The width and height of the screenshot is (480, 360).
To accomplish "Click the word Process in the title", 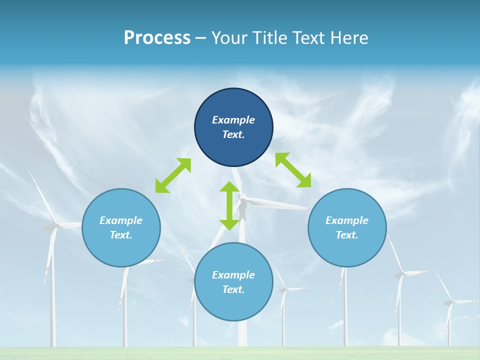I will (x=157, y=38).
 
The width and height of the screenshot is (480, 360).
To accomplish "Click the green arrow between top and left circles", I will (x=173, y=175).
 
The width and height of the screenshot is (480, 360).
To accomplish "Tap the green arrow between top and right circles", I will (x=293, y=170).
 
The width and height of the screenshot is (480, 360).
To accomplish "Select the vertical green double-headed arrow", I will (x=229, y=205).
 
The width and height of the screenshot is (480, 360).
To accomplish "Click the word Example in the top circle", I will (x=233, y=120).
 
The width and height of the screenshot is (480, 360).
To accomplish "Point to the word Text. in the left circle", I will (x=121, y=235).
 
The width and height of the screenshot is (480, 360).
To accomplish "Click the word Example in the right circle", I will (x=347, y=220).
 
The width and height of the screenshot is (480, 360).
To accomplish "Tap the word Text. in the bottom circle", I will (x=233, y=289).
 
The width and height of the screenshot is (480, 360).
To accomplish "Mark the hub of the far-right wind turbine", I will (x=449, y=302).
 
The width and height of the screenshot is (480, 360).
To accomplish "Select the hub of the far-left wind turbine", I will (x=51, y=226).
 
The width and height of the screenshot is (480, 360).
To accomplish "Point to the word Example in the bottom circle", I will (x=233, y=275).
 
